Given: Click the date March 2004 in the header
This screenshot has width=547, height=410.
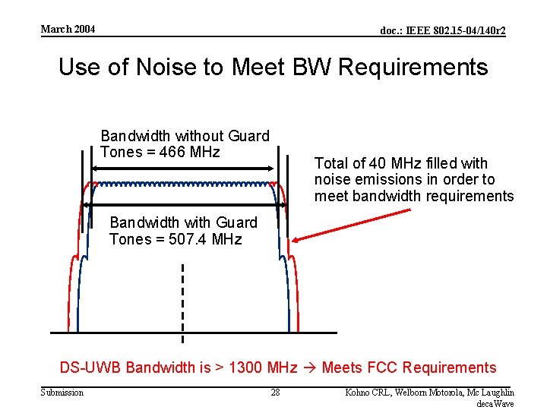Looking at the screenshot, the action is click(68, 30).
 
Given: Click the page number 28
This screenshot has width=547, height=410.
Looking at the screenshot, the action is click(276, 393).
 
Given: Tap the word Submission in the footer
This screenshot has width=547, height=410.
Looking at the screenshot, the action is click(62, 393).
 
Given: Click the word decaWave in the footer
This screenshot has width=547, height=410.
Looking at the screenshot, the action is click(495, 403).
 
